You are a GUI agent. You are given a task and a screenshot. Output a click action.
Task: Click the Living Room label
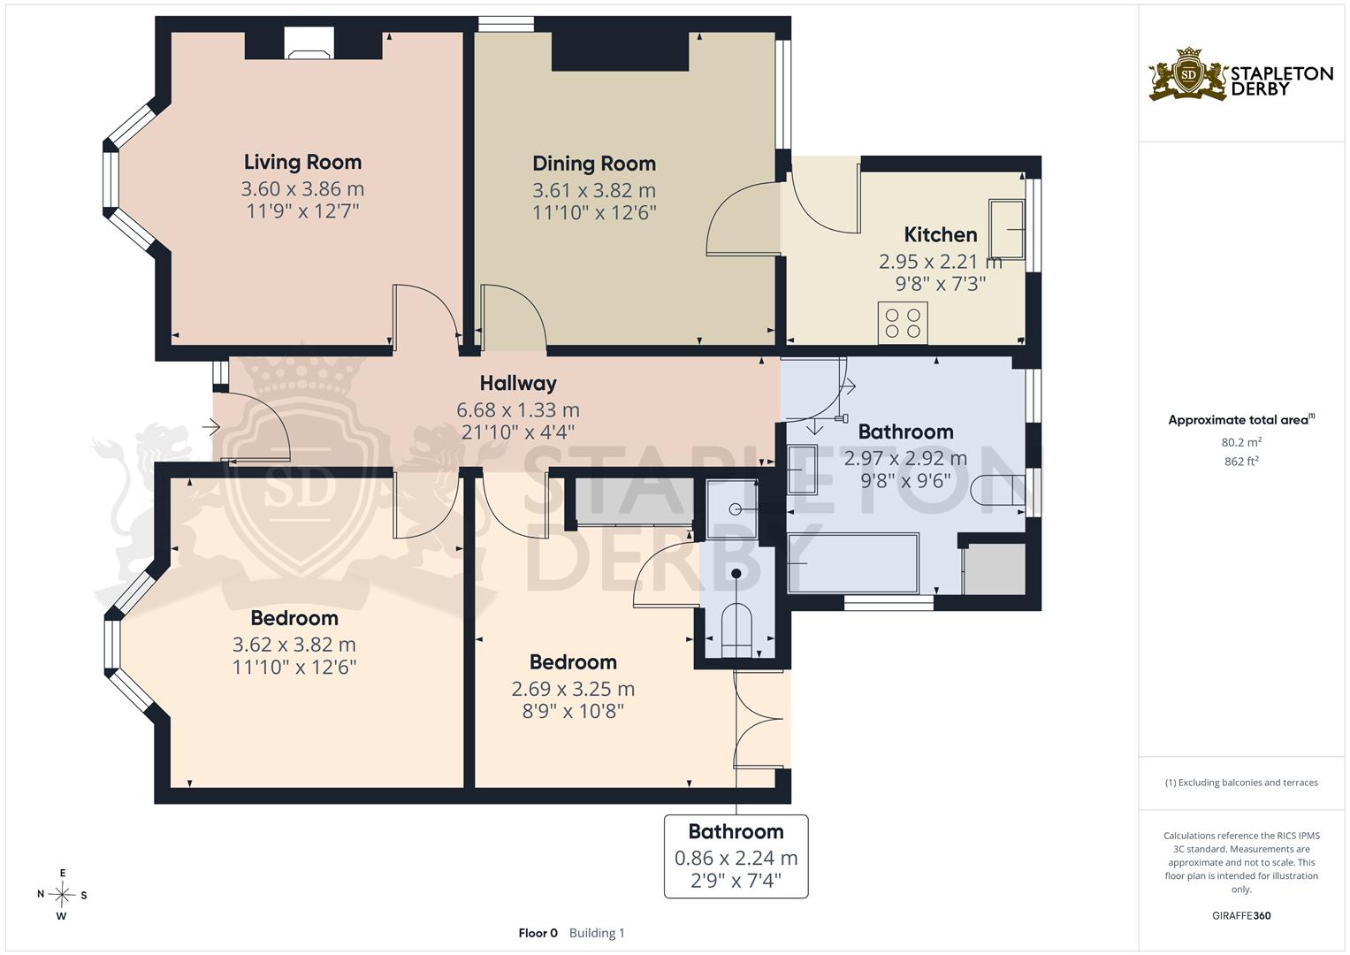(x=302, y=162)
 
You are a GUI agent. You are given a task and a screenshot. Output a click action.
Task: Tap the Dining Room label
(x=594, y=164)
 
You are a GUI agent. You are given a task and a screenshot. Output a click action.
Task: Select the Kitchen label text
(x=940, y=234)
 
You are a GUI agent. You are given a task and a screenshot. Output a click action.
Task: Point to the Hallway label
(x=518, y=383)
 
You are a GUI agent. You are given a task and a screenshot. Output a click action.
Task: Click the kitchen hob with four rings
(x=902, y=323)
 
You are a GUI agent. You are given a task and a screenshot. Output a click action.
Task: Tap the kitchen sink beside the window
(x=1006, y=229)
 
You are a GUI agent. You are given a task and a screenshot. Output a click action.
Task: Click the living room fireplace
(x=309, y=42)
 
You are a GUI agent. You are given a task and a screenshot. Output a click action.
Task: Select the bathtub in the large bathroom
(x=853, y=563)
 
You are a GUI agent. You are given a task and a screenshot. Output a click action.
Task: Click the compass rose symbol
(x=62, y=894)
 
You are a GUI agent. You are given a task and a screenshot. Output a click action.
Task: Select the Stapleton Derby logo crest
(x=1188, y=74)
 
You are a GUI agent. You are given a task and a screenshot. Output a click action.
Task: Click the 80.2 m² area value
(x=1241, y=442)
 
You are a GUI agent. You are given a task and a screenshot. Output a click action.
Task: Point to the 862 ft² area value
(x=1241, y=462)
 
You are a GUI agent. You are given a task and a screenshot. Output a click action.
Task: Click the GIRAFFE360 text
(x=1241, y=915)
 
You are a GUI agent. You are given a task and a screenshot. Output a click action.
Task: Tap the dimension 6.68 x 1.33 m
(x=518, y=410)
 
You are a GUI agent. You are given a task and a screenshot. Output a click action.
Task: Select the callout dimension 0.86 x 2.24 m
(x=736, y=858)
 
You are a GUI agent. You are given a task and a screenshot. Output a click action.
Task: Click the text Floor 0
(x=538, y=933)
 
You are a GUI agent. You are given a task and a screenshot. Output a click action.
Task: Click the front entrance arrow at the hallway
(x=211, y=427)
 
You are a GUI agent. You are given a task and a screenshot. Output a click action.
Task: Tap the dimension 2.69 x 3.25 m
(x=573, y=689)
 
